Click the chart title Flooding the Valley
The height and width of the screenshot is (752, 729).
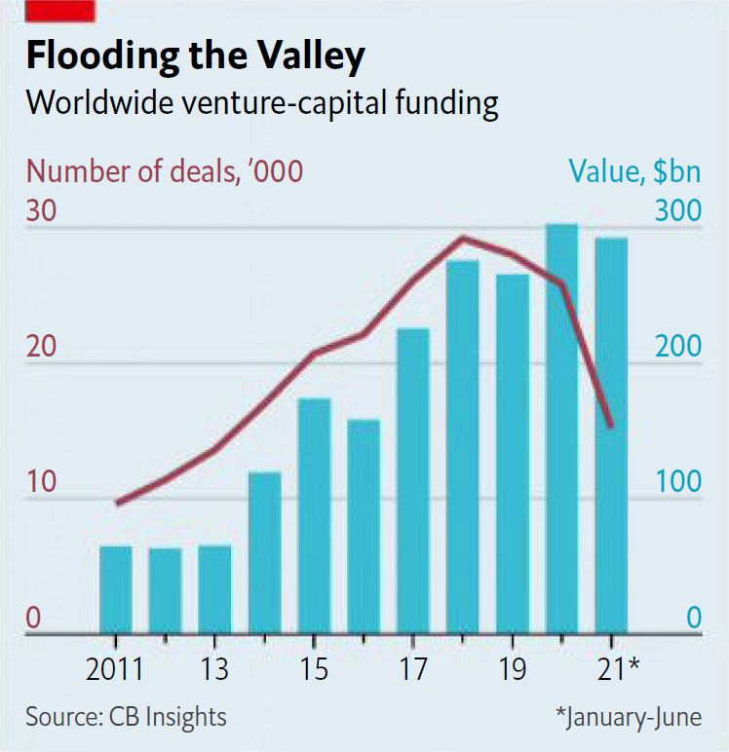coord(195,56)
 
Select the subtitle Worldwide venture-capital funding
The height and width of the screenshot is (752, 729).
coord(262,103)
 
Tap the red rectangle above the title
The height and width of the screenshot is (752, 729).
coord(60,11)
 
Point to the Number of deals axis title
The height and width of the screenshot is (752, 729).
coord(165,171)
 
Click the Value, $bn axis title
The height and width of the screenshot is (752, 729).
coord(634,171)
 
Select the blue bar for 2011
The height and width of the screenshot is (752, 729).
coord(116,590)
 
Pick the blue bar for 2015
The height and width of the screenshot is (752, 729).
coord(314,516)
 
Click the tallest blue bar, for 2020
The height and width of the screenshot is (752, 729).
coord(561,429)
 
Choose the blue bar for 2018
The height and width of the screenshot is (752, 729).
coord(463,447)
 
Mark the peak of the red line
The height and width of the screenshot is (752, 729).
coord(463,238)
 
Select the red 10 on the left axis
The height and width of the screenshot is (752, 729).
coord(42,483)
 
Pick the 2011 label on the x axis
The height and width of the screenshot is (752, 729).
coord(116,670)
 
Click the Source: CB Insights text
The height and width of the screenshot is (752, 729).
coord(126,718)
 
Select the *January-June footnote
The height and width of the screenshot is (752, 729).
coord(628,718)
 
